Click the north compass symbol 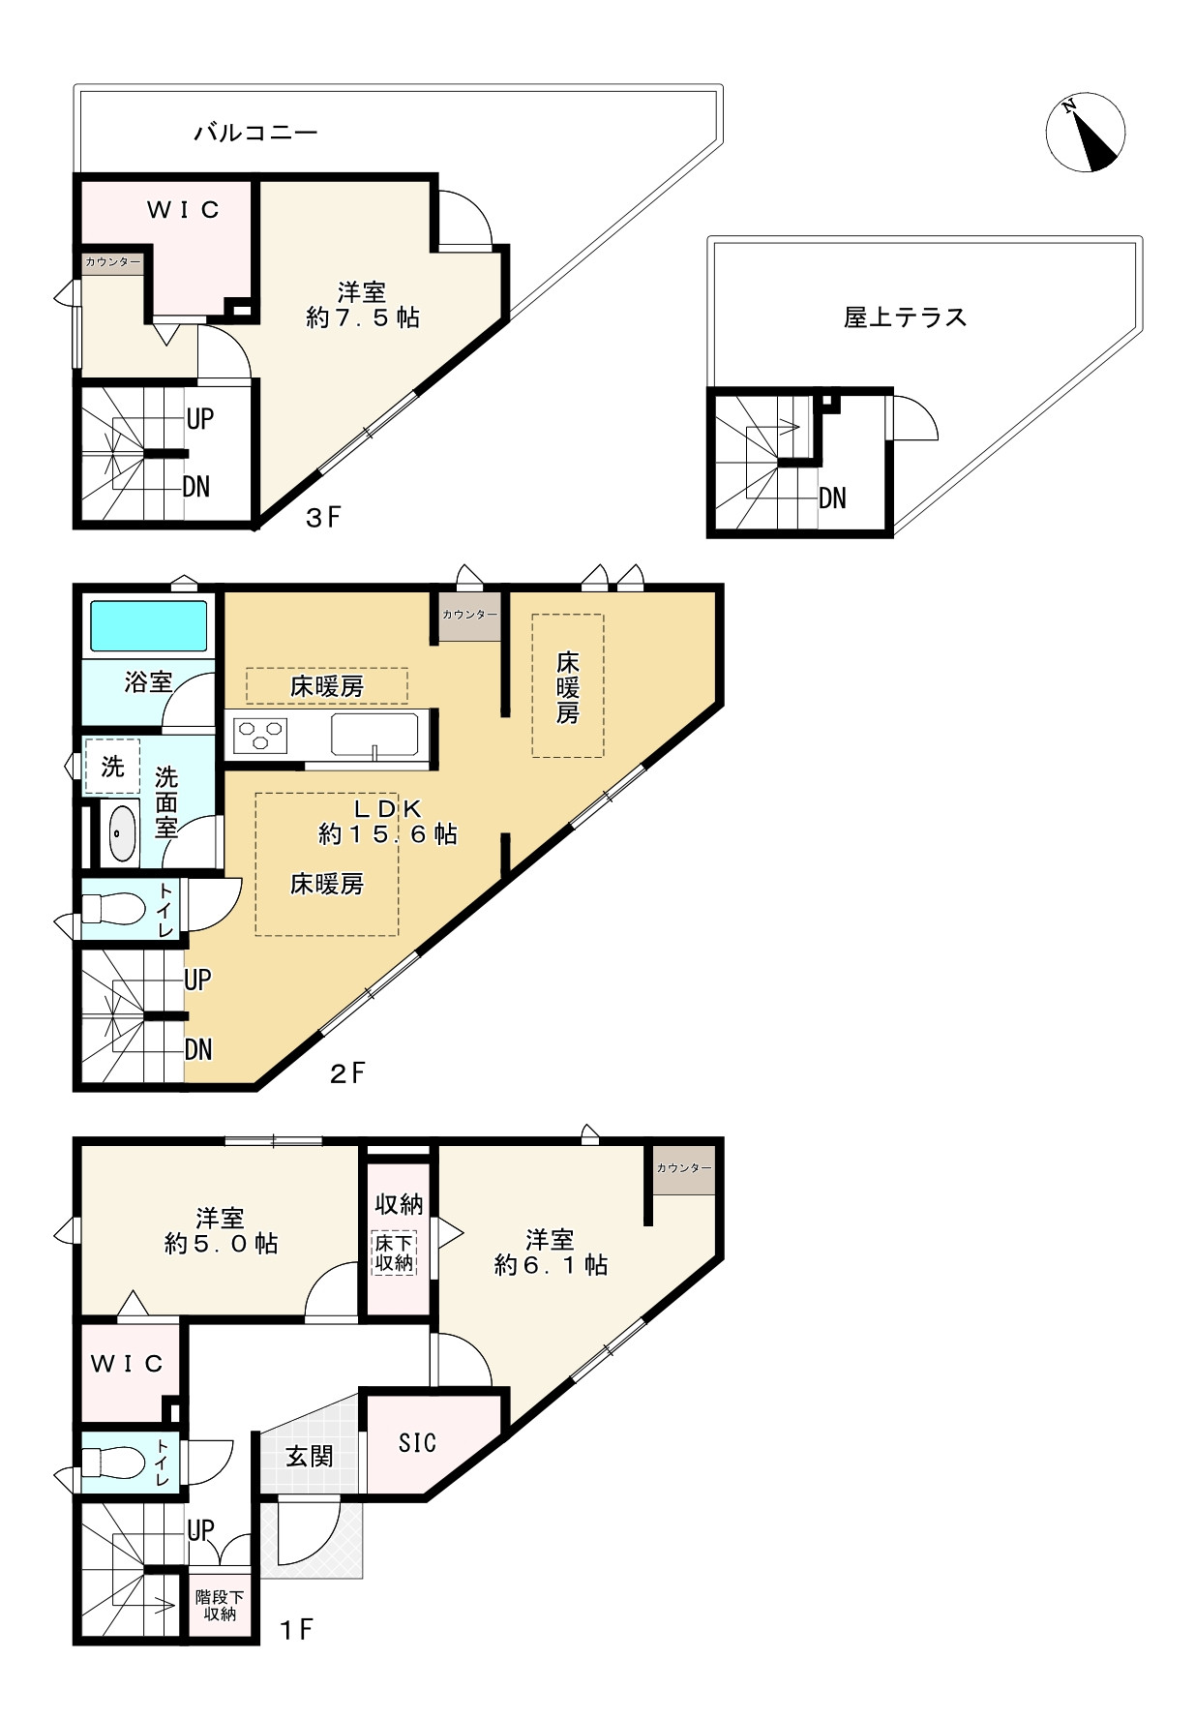[1085, 133]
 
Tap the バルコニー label [255, 133]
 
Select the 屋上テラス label [905, 317]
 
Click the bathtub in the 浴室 [148, 626]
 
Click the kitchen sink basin [374, 734]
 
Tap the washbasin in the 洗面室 [121, 831]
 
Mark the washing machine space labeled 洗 [112, 767]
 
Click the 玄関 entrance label [309, 1456]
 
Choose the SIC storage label [417, 1443]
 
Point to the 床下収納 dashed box [394, 1252]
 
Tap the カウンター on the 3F [112, 262]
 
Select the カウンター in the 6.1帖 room [683, 1168]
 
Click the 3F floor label [323, 518]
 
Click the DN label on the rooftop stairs [832, 498]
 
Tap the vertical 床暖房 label [567, 687]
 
